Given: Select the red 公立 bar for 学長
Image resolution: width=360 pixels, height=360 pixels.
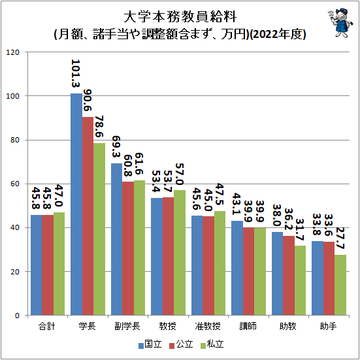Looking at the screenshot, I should (88, 216).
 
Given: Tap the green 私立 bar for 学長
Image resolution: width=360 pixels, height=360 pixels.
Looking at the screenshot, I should (99, 229).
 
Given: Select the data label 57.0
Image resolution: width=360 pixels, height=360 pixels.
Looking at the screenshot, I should (180, 173).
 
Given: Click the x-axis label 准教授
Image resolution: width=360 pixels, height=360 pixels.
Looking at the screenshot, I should (208, 325).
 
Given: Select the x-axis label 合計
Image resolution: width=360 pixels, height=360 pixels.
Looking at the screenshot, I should (47, 325).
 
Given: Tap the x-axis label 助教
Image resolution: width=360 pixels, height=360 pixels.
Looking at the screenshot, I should (288, 325).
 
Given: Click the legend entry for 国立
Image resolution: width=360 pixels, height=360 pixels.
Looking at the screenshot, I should (149, 344).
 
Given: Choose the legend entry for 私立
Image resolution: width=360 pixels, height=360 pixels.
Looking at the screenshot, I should (212, 344).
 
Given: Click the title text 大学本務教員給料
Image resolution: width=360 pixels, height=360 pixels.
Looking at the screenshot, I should (179, 15).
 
